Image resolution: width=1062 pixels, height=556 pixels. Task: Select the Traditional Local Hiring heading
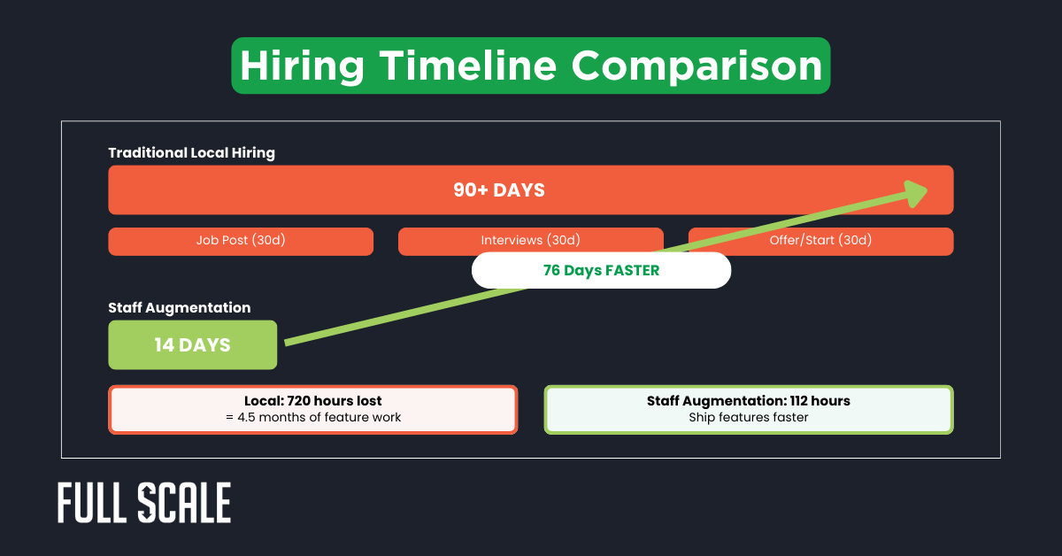(191, 153)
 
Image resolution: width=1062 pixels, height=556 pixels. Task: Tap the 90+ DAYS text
(499, 190)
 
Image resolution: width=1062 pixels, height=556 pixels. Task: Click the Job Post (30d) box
(241, 241)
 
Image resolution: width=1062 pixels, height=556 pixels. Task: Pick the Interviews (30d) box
(530, 241)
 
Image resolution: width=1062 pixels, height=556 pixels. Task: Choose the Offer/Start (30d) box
(820, 241)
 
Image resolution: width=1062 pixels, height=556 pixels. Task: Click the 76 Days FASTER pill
(601, 271)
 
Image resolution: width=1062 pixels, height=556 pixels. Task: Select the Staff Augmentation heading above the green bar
(179, 308)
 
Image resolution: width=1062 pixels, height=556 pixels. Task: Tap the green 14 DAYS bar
(192, 345)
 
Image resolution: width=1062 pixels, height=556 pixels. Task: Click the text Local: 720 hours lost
(312, 401)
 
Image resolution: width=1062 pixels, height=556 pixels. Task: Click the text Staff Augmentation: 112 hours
(748, 401)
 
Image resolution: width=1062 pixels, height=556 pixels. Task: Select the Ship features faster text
(748, 417)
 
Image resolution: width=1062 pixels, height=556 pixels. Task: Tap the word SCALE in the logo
(185, 504)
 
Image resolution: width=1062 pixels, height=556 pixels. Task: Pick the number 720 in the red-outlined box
(302, 401)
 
